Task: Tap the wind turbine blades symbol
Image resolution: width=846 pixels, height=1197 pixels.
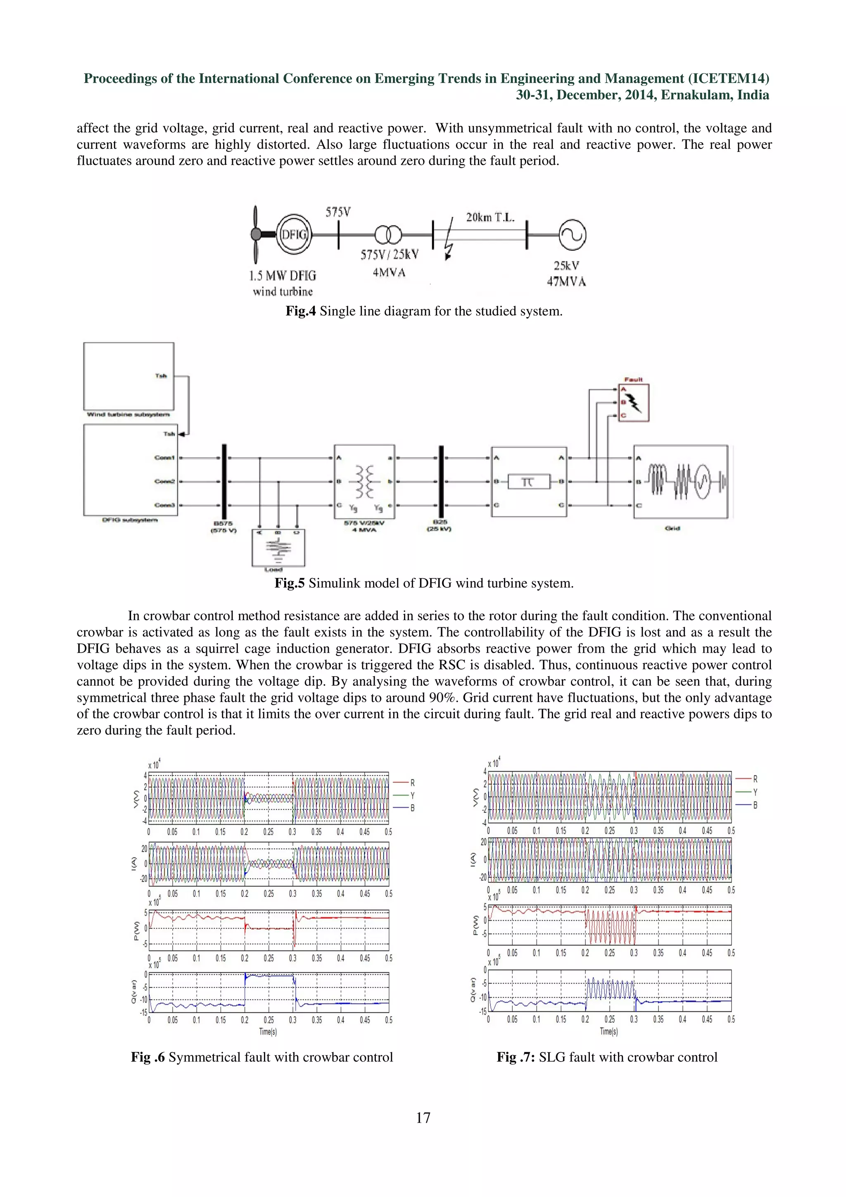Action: [x=255, y=235]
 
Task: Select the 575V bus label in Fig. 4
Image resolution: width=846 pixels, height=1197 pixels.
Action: [x=338, y=212]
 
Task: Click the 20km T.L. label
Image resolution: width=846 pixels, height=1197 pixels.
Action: [x=490, y=217]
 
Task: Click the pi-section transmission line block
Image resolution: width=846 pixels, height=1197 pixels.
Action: [x=529, y=481]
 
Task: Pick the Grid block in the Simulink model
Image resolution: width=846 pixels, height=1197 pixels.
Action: [x=680, y=481]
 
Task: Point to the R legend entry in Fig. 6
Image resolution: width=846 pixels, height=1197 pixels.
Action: [x=412, y=783]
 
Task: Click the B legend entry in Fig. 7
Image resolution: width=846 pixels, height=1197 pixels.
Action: [x=754, y=805]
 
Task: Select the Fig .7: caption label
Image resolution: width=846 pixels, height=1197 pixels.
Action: [x=516, y=1057]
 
